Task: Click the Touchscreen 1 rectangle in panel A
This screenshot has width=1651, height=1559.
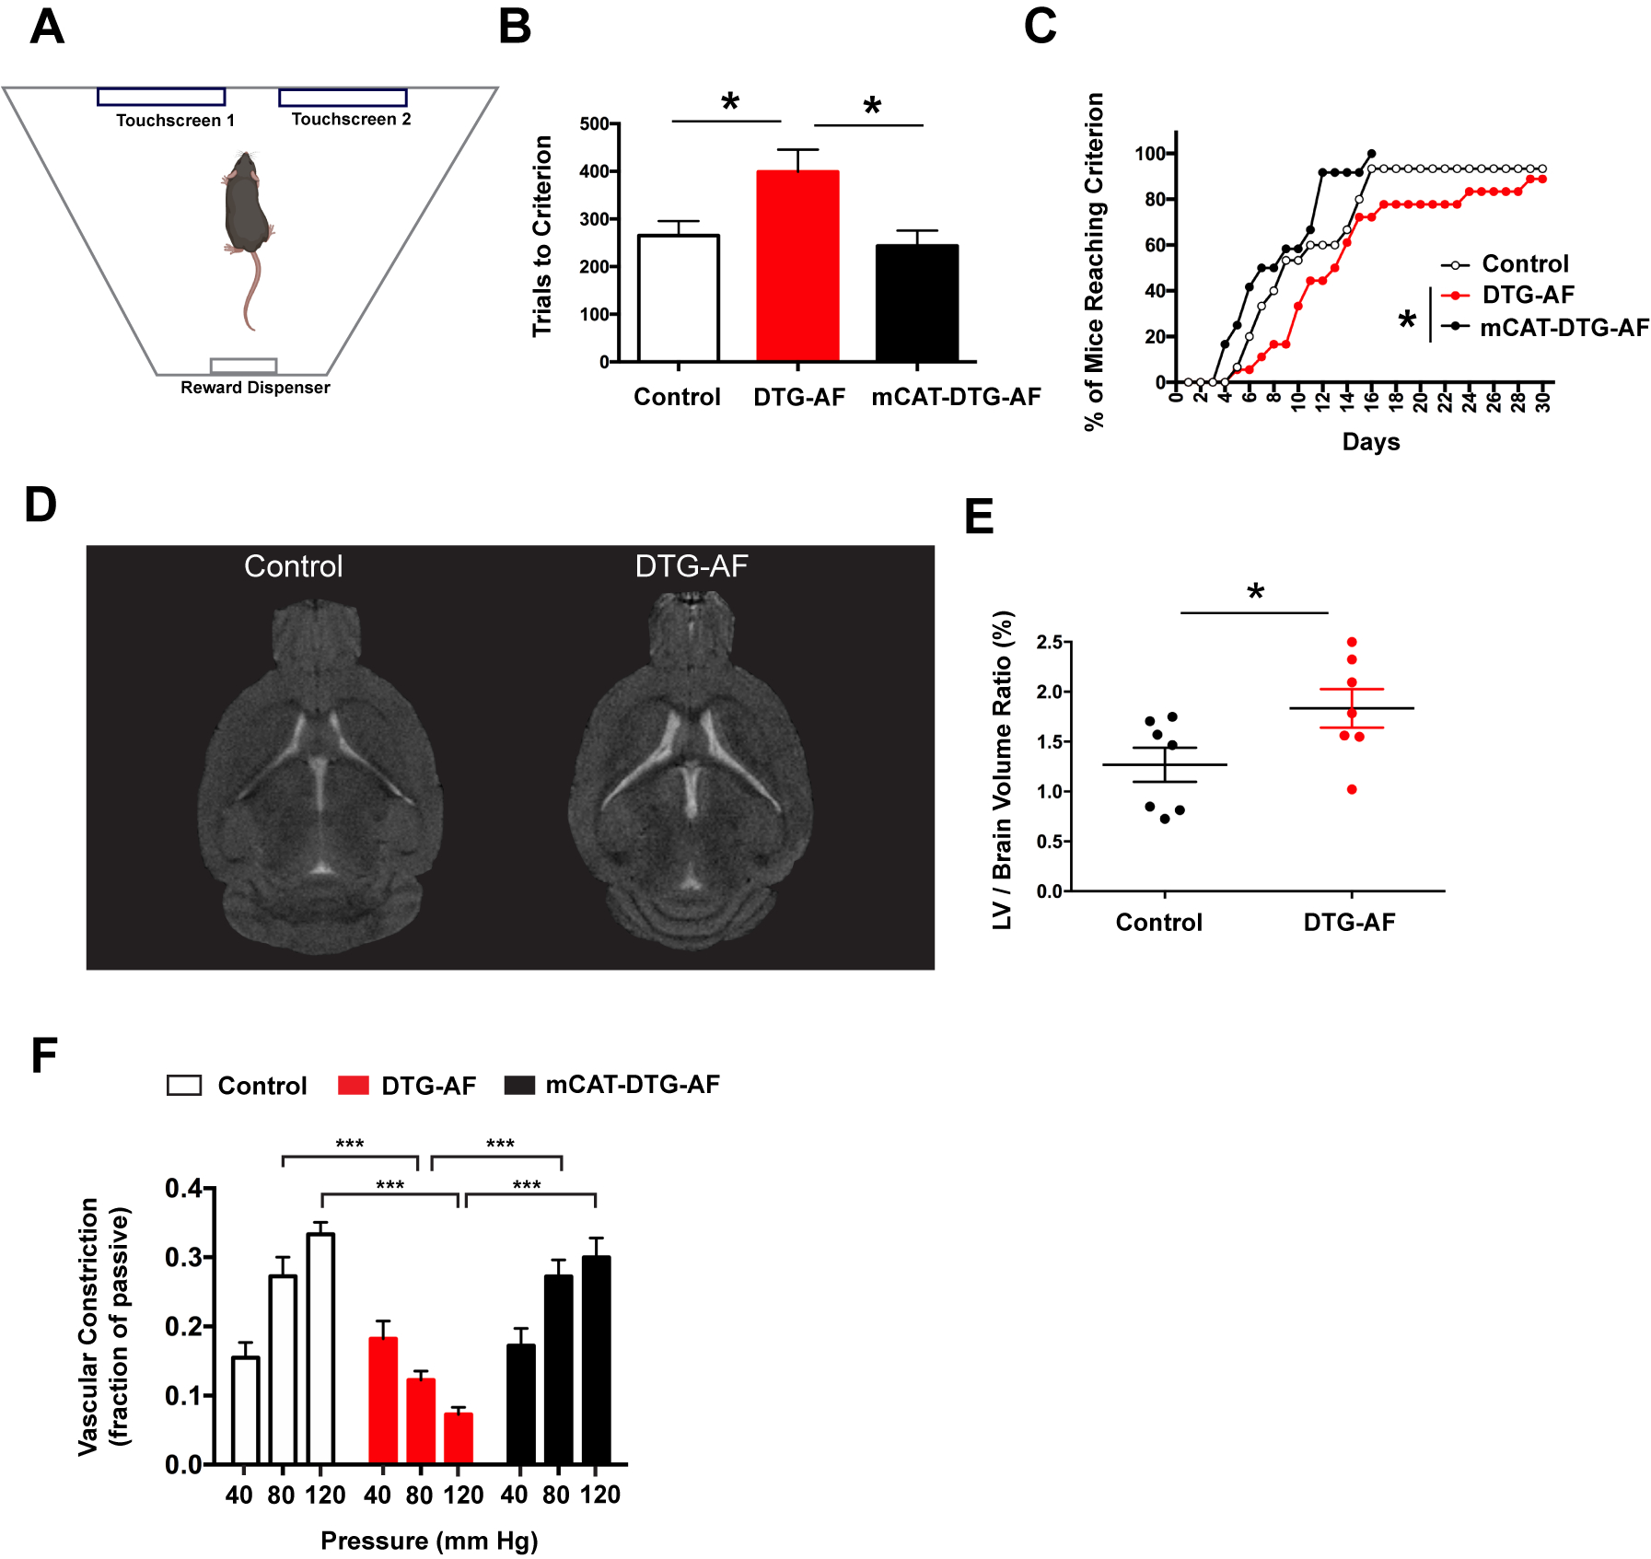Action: coord(161,97)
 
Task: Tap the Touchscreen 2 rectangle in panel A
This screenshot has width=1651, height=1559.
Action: coord(343,98)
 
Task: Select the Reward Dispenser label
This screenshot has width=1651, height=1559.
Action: coord(255,388)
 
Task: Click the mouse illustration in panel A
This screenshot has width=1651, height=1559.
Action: coord(247,212)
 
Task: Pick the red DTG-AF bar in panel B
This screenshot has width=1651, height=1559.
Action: coord(797,266)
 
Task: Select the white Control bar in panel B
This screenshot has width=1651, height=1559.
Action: coord(679,298)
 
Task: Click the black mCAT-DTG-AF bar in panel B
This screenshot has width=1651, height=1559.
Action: coord(917,303)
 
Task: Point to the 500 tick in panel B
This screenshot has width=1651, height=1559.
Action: coord(594,124)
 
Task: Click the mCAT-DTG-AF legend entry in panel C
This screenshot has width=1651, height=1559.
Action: coord(1564,328)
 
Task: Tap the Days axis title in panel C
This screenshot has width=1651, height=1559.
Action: coord(1370,442)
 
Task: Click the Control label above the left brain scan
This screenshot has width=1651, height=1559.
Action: coord(293,565)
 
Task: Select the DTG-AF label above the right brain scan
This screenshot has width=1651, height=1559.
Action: coord(692,565)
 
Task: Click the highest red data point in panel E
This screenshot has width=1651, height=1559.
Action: coord(1352,643)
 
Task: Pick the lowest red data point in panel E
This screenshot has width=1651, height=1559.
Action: coord(1352,789)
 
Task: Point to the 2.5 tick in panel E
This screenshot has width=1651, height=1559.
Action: coord(1050,642)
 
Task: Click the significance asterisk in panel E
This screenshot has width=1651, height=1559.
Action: coord(1256,593)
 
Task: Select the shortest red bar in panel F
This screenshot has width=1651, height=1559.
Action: coord(459,1438)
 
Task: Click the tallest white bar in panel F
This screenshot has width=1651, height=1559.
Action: coord(320,1349)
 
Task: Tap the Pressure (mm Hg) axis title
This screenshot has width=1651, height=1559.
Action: coord(429,1541)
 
